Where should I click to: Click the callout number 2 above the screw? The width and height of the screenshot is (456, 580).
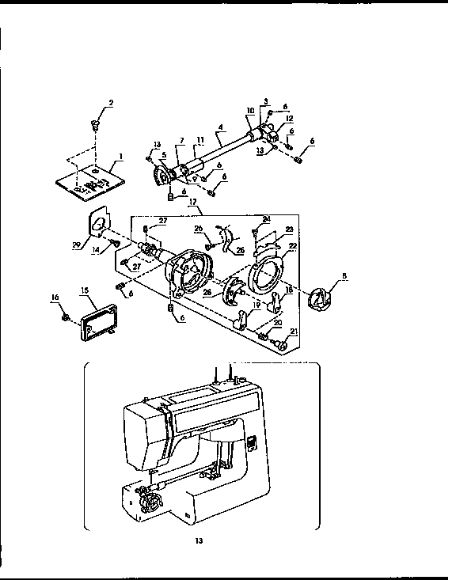110,103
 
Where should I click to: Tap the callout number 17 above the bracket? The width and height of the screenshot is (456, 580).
193,203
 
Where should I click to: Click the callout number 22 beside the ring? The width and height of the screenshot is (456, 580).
292,247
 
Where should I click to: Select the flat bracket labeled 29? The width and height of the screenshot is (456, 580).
97,226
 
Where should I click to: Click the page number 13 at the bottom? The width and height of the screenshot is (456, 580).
200,541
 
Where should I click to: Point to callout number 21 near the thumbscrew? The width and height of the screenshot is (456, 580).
294,332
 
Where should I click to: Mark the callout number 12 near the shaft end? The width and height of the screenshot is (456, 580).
290,119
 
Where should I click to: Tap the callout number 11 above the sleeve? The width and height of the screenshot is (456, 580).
200,140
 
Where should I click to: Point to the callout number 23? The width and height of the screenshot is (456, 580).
289,229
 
